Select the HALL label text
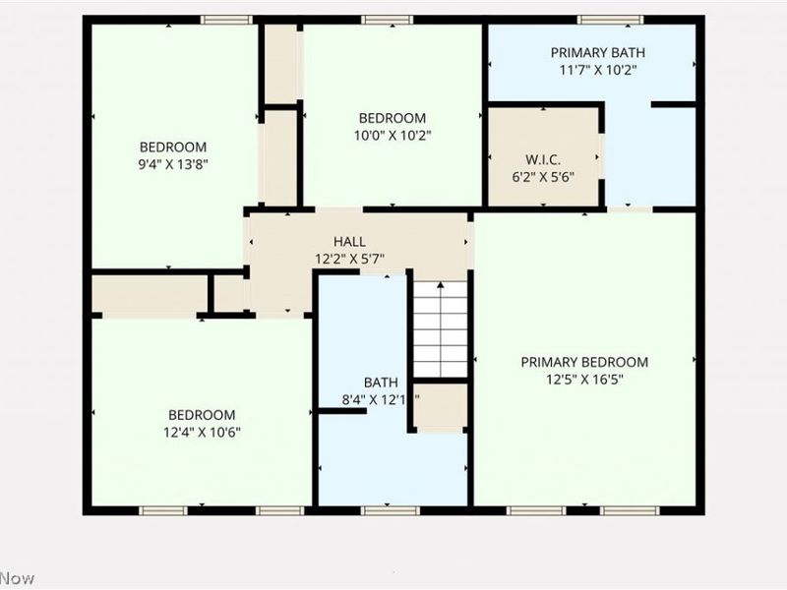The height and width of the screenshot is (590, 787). pyautogui.click(x=349, y=242)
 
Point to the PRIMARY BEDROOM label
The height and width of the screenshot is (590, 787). pyautogui.click(x=584, y=362)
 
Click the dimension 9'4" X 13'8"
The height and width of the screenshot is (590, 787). pyautogui.click(x=173, y=164)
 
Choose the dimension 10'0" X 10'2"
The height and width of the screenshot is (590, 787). pyautogui.click(x=393, y=136)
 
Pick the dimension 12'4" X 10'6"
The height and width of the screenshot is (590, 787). pyautogui.click(x=201, y=432)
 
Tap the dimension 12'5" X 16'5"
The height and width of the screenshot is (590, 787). pyautogui.click(x=584, y=380)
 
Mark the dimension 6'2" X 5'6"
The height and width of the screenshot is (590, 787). pyautogui.click(x=543, y=177)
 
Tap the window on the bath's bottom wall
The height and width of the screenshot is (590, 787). pyautogui.click(x=391, y=510)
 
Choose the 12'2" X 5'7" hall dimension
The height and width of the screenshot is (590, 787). pyautogui.click(x=349, y=260)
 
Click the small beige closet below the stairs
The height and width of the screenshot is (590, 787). pyautogui.click(x=440, y=406)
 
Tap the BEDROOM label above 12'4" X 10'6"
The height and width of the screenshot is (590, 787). pyautogui.click(x=201, y=415)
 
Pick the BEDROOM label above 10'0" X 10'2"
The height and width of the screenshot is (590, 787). pyautogui.click(x=393, y=118)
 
